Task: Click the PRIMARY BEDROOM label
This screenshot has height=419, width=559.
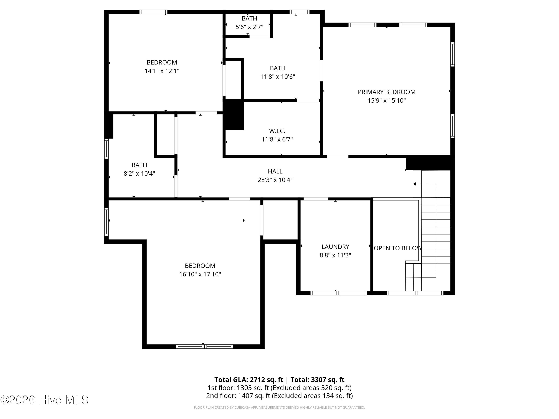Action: click(386, 92)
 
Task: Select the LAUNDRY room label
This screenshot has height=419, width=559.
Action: click(335, 247)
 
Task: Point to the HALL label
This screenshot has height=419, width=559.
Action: click(275, 171)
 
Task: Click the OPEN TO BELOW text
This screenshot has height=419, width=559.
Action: click(398, 248)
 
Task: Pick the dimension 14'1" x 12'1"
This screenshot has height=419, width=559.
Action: click(162, 71)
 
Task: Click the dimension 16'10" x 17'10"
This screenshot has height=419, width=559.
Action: click(200, 274)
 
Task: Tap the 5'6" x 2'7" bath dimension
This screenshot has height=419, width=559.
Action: click(250, 27)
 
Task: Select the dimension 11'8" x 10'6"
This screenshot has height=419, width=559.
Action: click(277, 77)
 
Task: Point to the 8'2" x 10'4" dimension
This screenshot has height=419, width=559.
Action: click(139, 174)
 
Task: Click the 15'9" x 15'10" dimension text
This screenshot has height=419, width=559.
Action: click(386, 101)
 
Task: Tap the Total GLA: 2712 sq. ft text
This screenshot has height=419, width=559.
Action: click(249, 380)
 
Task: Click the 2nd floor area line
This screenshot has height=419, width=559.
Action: click(279, 396)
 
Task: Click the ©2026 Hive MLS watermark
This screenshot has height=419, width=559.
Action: click(45, 400)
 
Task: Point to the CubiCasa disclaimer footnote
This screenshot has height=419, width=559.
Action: click(279, 407)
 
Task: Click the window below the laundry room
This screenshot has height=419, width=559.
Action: click(339, 293)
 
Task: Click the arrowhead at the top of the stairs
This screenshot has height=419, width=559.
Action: click(414, 184)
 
